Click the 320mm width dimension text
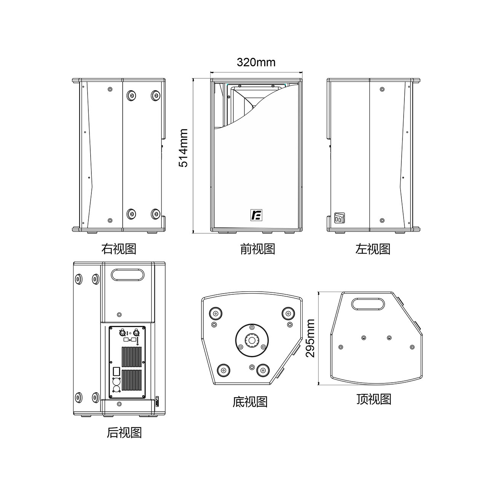coord(256,62)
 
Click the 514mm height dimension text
coord(184,148)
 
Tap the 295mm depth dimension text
coord(310,338)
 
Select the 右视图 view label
coord(119,249)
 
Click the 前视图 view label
coord(258,249)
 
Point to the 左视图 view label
coord(373,249)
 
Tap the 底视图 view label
coord(250,402)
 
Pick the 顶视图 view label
coord(374,399)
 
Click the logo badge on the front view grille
coord(256,215)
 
